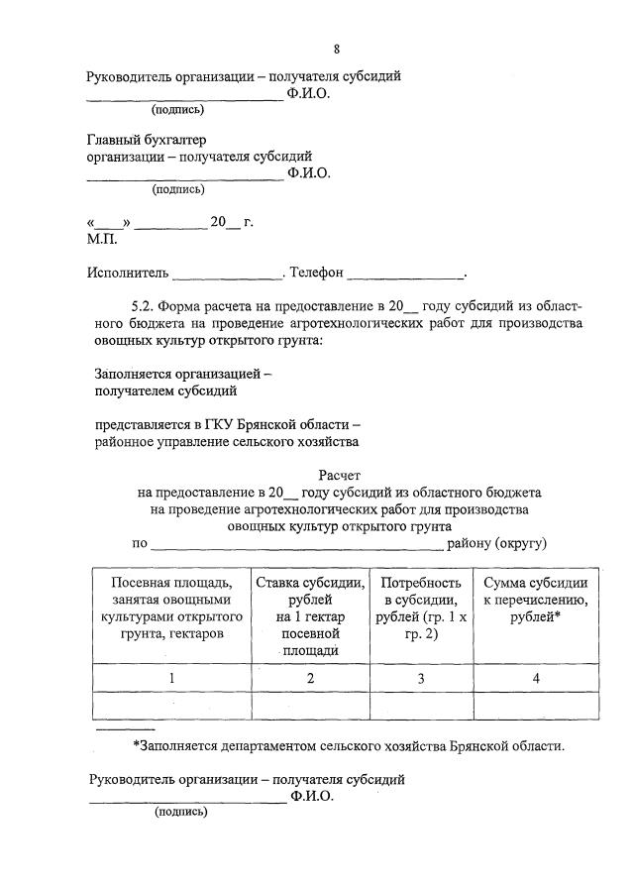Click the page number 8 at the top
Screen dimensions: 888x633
coord(337,49)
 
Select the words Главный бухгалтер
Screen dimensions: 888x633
coord(147,140)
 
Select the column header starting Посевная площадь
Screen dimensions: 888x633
coord(171,608)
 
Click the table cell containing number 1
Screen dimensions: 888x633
coord(171,678)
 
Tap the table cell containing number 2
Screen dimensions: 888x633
coord(310,678)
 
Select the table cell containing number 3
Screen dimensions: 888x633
coord(421,678)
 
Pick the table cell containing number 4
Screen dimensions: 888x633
coord(536,678)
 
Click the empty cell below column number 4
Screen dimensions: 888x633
coord(536,706)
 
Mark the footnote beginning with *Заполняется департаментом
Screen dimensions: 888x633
coord(349,746)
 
